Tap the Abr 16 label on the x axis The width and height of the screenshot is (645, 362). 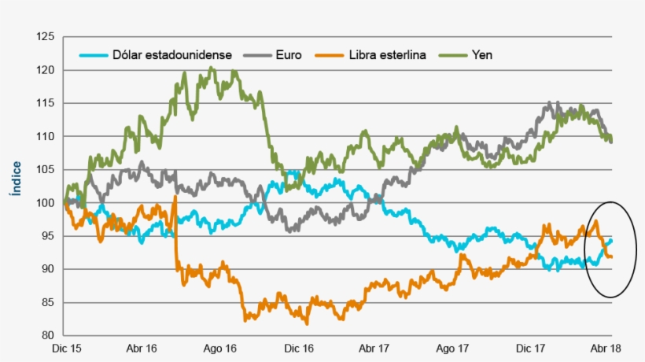[x=142, y=347]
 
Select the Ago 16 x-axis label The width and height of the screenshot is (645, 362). [x=220, y=347]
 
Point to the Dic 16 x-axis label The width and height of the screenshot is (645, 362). [x=298, y=347]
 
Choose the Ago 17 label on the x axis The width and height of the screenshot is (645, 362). [x=453, y=347]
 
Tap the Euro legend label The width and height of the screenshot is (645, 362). [x=288, y=55]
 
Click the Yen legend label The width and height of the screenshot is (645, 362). [x=481, y=55]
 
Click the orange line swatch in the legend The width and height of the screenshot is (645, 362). [x=330, y=55]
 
